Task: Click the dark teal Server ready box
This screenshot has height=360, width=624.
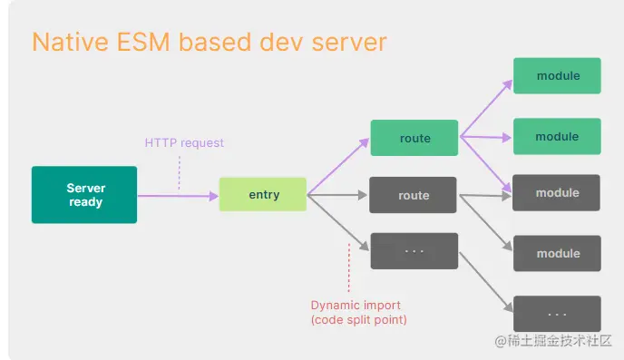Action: click(x=84, y=195)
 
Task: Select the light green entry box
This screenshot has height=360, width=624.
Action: click(x=263, y=195)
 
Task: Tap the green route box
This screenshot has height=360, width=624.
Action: click(x=414, y=139)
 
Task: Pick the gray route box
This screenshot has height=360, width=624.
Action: click(x=414, y=195)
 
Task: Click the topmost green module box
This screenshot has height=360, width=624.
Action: click(x=557, y=75)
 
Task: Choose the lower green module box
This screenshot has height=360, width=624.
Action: click(x=557, y=137)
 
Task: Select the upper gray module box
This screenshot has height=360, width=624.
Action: click(x=557, y=193)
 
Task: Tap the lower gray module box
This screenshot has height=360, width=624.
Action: click(x=557, y=253)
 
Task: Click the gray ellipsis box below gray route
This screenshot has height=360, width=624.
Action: click(x=414, y=251)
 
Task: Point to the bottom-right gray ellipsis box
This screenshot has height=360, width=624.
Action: click(x=557, y=313)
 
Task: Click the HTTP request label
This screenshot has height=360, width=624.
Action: click(x=184, y=142)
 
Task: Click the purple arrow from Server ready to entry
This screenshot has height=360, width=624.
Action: click(x=177, y=195)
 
